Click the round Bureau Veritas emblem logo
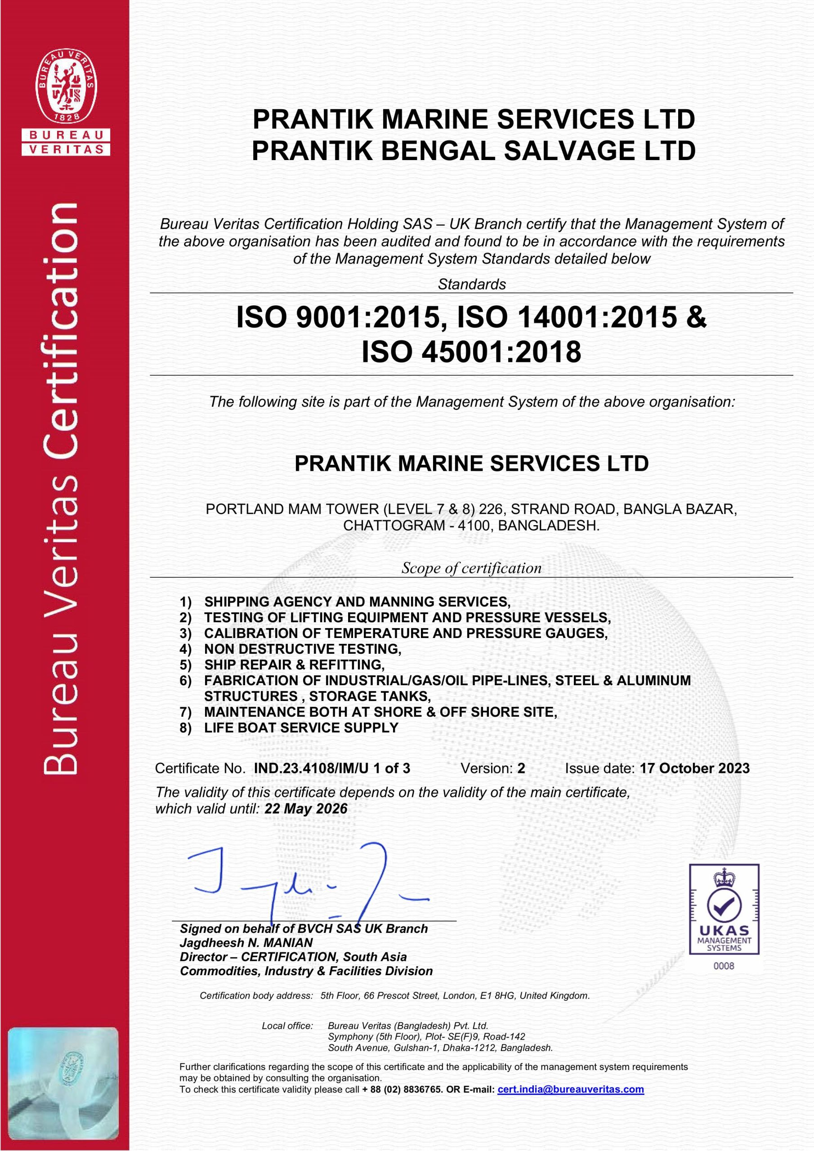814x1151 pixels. [x=66, y=86]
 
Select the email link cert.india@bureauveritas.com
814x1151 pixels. [x=570, y=1089]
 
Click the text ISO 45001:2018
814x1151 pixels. [x=471, y=352]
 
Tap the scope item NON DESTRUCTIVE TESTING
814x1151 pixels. [x=302, y=649]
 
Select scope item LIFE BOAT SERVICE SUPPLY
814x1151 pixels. [x=301, y=728]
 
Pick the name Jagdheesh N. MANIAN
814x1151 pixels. [x=246, y=943]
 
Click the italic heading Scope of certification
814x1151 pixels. [x=471, y=568]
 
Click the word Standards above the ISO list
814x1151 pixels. [x=471, y=284]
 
